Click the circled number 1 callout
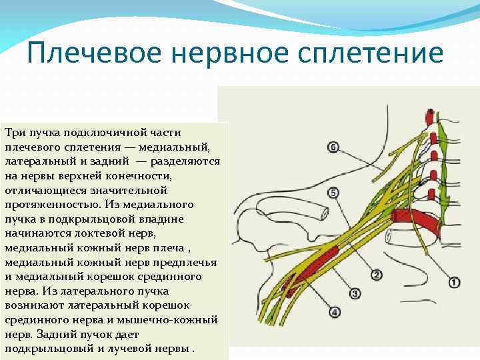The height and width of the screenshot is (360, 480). [x=454, y=283]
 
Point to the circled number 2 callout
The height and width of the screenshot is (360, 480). [x=376, y=275]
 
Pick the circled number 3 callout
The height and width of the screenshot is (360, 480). [x=355, y=293]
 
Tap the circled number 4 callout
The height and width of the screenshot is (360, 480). [x=333, y=311]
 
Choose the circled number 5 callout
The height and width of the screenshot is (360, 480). [x=333, y=193]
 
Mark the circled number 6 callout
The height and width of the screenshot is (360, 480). [x=333, y=147]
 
